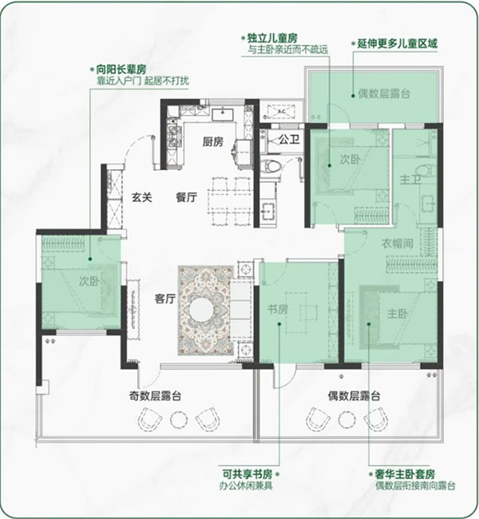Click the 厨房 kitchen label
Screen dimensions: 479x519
point(213,142)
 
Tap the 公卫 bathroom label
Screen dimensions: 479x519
point(289,140)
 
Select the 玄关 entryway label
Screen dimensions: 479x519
point(142,197)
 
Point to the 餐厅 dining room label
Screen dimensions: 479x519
point(186,197)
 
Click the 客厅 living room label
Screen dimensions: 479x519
point(164,299)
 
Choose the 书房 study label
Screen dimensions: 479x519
point(278,310)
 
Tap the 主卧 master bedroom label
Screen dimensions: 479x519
point(398,314)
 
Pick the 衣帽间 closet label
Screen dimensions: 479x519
point(398,244)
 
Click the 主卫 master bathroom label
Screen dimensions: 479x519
point(410,180)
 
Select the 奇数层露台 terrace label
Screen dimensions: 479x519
point(155,396)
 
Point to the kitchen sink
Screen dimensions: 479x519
point(223,114)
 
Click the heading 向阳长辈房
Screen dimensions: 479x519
point(121,69)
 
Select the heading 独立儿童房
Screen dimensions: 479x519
point(272,38)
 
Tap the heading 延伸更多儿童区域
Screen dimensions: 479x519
point(397,44)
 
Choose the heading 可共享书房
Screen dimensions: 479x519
point(247,474)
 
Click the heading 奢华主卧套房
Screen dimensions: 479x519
point(405,474)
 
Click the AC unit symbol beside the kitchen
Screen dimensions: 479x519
point(281,112)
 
